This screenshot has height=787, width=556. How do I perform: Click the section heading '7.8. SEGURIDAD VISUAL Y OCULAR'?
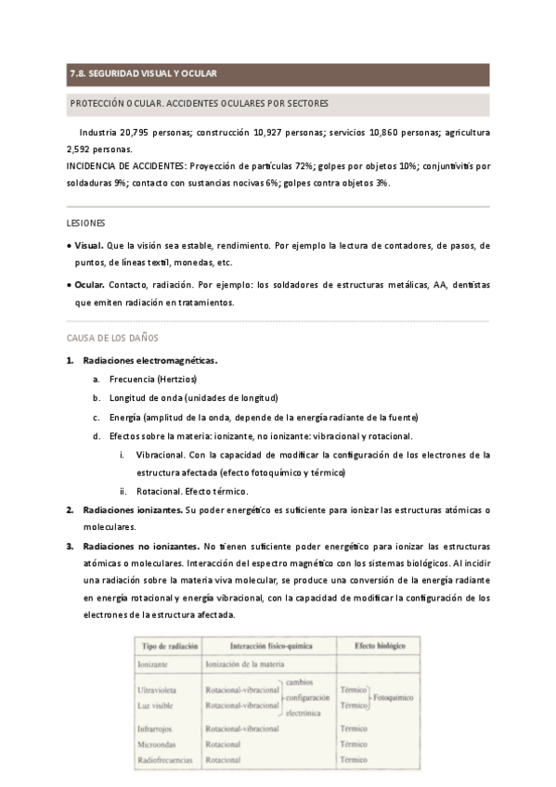click(143, 73)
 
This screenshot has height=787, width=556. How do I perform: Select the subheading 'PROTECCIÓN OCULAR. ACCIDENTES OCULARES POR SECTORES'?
click(199, 103)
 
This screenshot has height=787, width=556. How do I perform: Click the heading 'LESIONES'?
click(85, 224)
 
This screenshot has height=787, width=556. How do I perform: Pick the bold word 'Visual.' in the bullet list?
click(89, 246)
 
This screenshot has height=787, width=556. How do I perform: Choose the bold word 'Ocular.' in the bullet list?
click(89, 285)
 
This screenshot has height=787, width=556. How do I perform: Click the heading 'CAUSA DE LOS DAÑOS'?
click(112, 338)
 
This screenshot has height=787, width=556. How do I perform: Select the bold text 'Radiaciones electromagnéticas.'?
click(149, 360)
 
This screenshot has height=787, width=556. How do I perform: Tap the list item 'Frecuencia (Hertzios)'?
click(153, 379)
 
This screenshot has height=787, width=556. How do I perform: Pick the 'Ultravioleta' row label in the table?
click(161, 690)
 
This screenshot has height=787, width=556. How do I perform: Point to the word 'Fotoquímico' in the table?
click(393, 697)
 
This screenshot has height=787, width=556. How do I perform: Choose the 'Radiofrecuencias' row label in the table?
click(165, 760)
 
